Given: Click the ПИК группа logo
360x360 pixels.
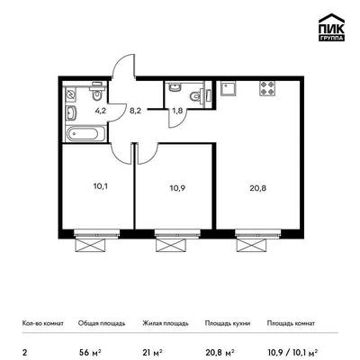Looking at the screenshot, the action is (331, 28).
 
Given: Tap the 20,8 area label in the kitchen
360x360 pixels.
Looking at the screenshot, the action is (257, 188).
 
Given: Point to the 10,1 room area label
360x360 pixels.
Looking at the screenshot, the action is (101, 186).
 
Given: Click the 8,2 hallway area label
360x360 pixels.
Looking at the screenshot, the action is (135, 111).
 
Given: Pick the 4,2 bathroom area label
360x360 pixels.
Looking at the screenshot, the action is (101, 111).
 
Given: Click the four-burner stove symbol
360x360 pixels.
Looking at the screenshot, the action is (267, 88).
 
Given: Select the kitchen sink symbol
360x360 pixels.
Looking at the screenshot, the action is (229, 88).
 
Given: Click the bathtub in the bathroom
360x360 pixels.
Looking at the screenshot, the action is (85, 134).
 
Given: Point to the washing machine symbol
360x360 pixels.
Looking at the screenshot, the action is (71, 95).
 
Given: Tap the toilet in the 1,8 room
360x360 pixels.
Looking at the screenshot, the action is (197, 96).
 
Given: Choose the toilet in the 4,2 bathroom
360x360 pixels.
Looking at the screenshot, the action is (96, 91).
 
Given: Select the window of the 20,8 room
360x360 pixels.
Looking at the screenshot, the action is (258, 234).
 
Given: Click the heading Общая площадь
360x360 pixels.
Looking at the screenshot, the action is (102, 323).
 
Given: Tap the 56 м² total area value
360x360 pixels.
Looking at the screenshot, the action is (89, 351).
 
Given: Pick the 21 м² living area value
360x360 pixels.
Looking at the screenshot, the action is (153, 351).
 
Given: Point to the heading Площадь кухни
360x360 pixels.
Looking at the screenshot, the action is (228, 323).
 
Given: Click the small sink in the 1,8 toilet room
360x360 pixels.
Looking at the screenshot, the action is (175, 87).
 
